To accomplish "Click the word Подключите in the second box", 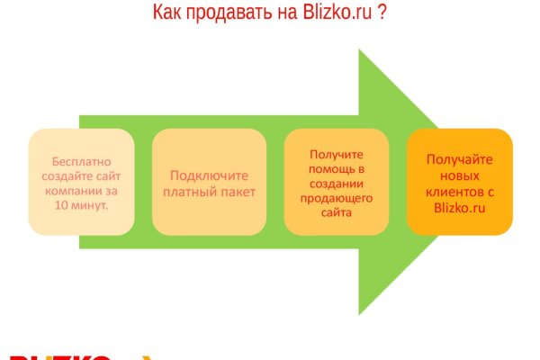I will [209, 175].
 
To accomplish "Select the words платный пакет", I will [209, 192].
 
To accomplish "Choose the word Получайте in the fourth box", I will [459, 159].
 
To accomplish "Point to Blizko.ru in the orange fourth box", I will [459, 207].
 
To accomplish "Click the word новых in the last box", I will [459, 175].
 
